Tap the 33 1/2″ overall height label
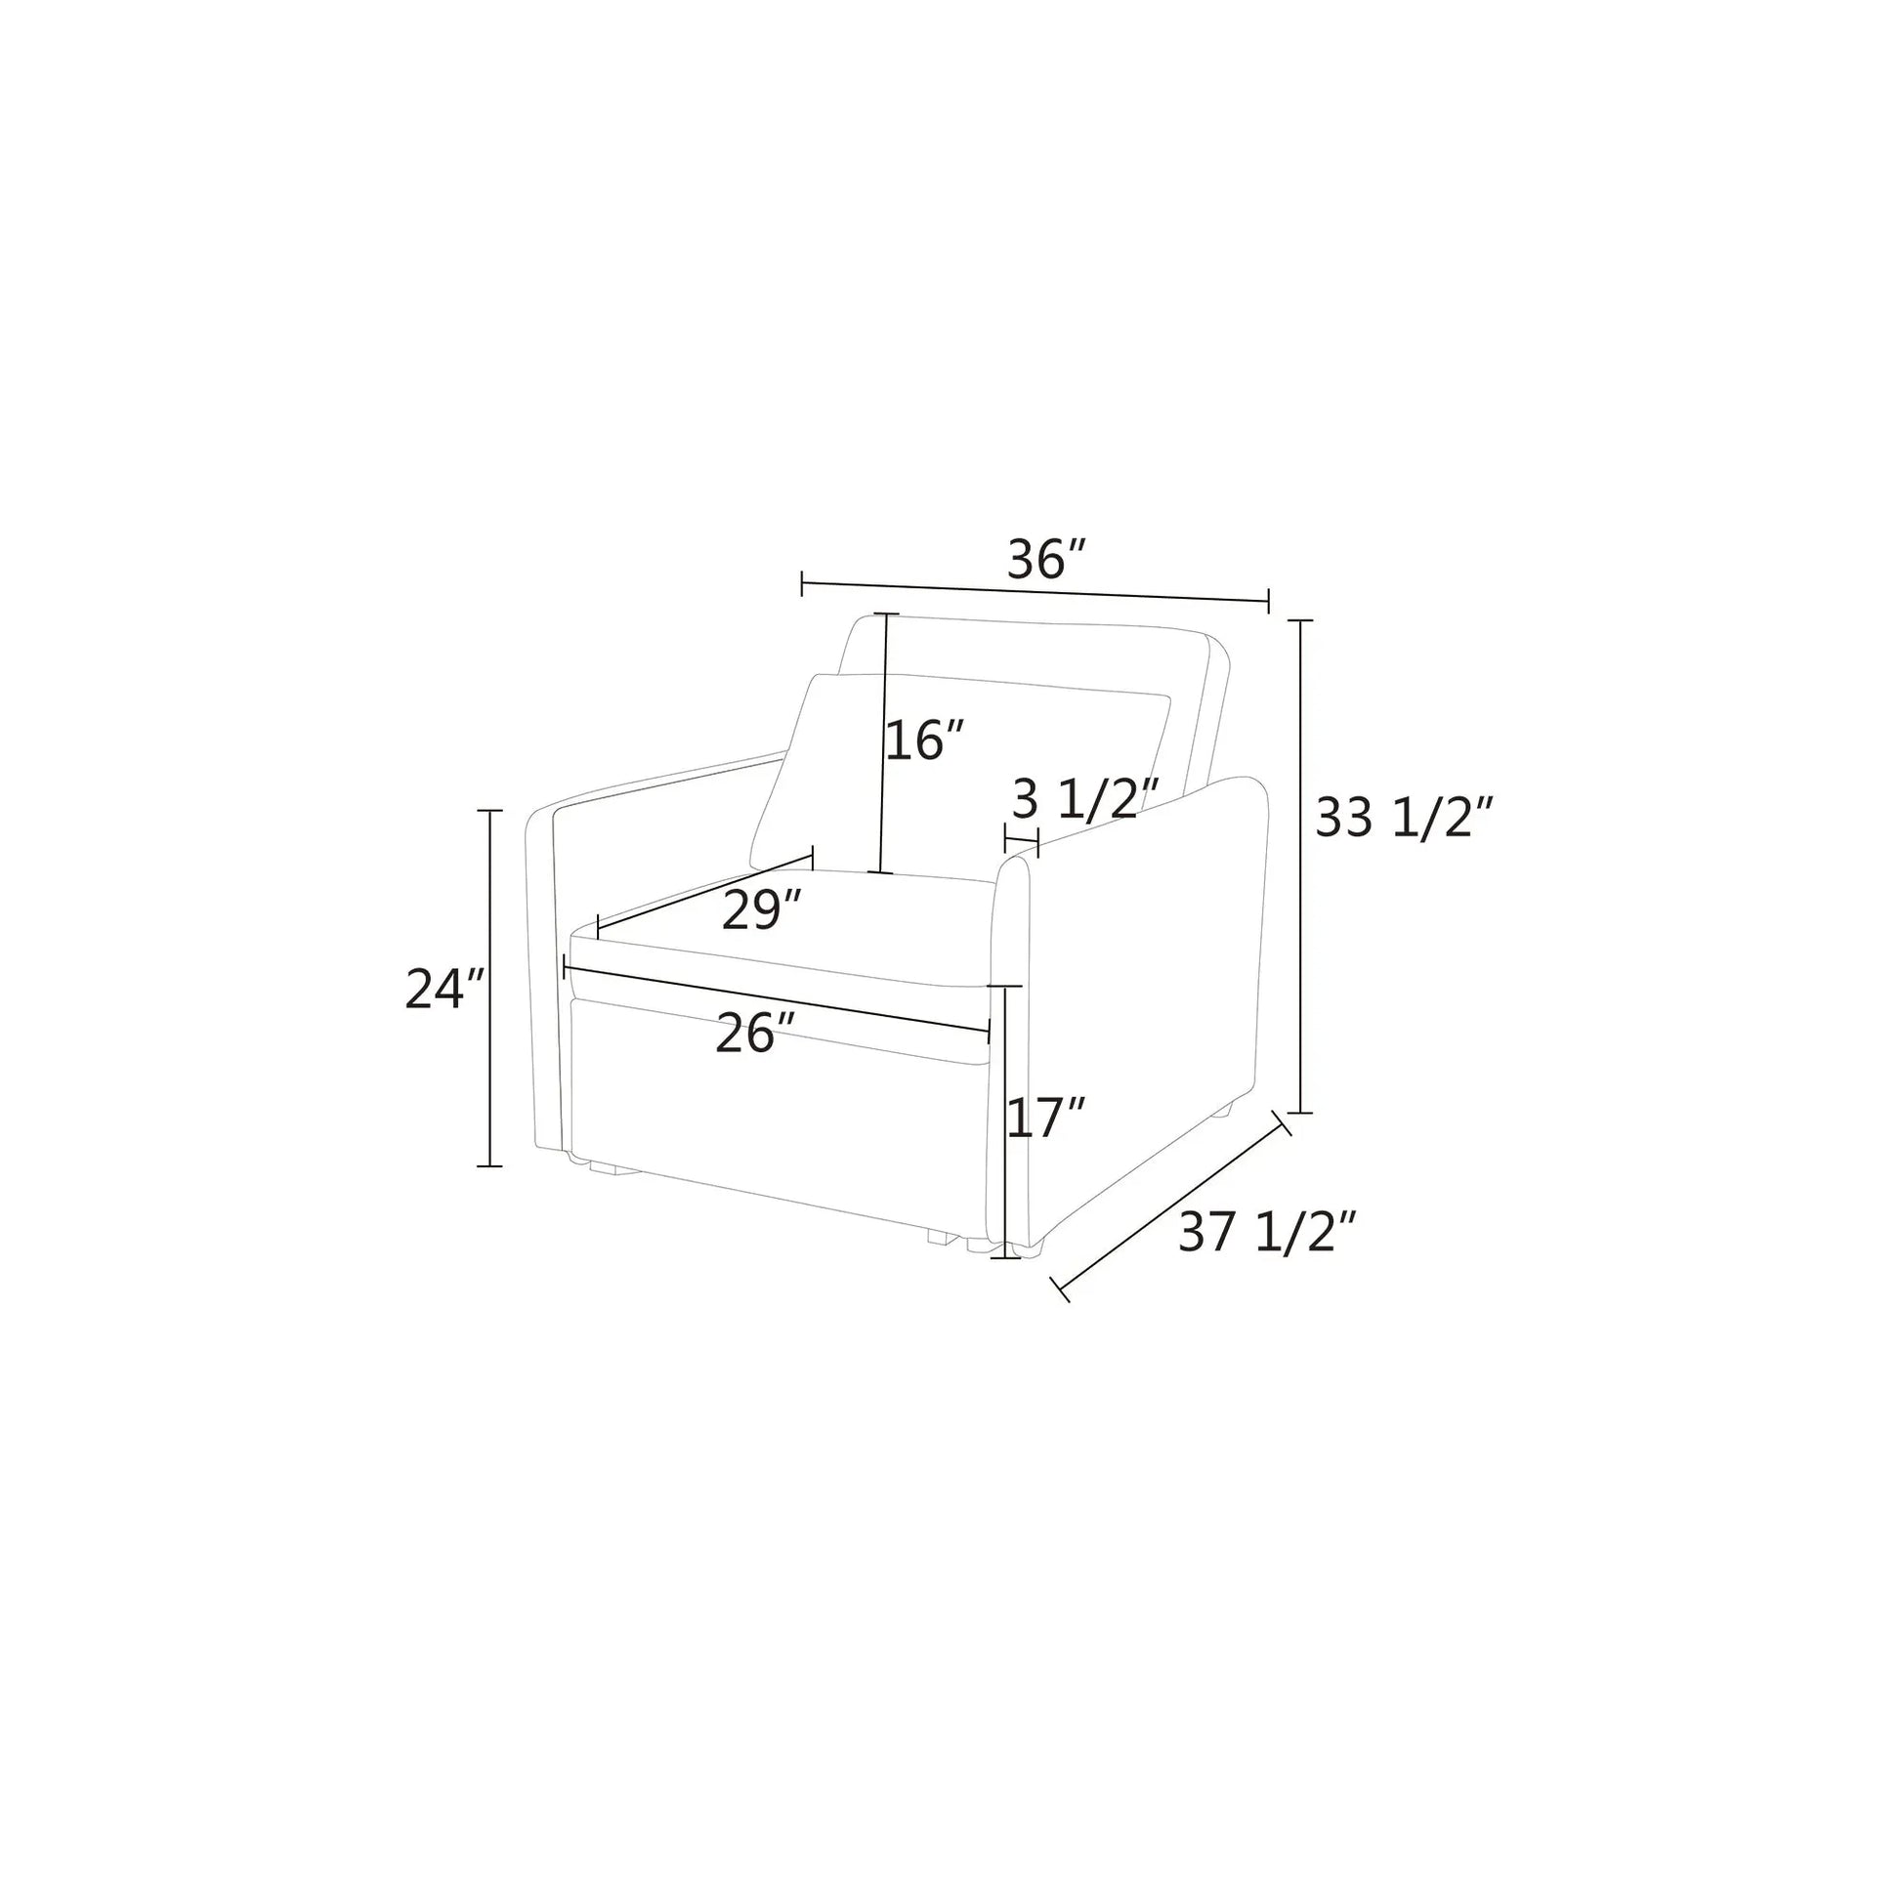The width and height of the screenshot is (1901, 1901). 1406,818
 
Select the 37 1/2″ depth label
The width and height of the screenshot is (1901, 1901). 1268,1232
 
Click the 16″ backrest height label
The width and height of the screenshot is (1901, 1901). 925,739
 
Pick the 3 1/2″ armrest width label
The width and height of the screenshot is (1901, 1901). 1086,799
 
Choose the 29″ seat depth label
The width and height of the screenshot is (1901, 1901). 763,909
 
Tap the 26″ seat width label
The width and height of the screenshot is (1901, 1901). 756,1035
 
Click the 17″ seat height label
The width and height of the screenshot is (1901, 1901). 1046,1119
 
